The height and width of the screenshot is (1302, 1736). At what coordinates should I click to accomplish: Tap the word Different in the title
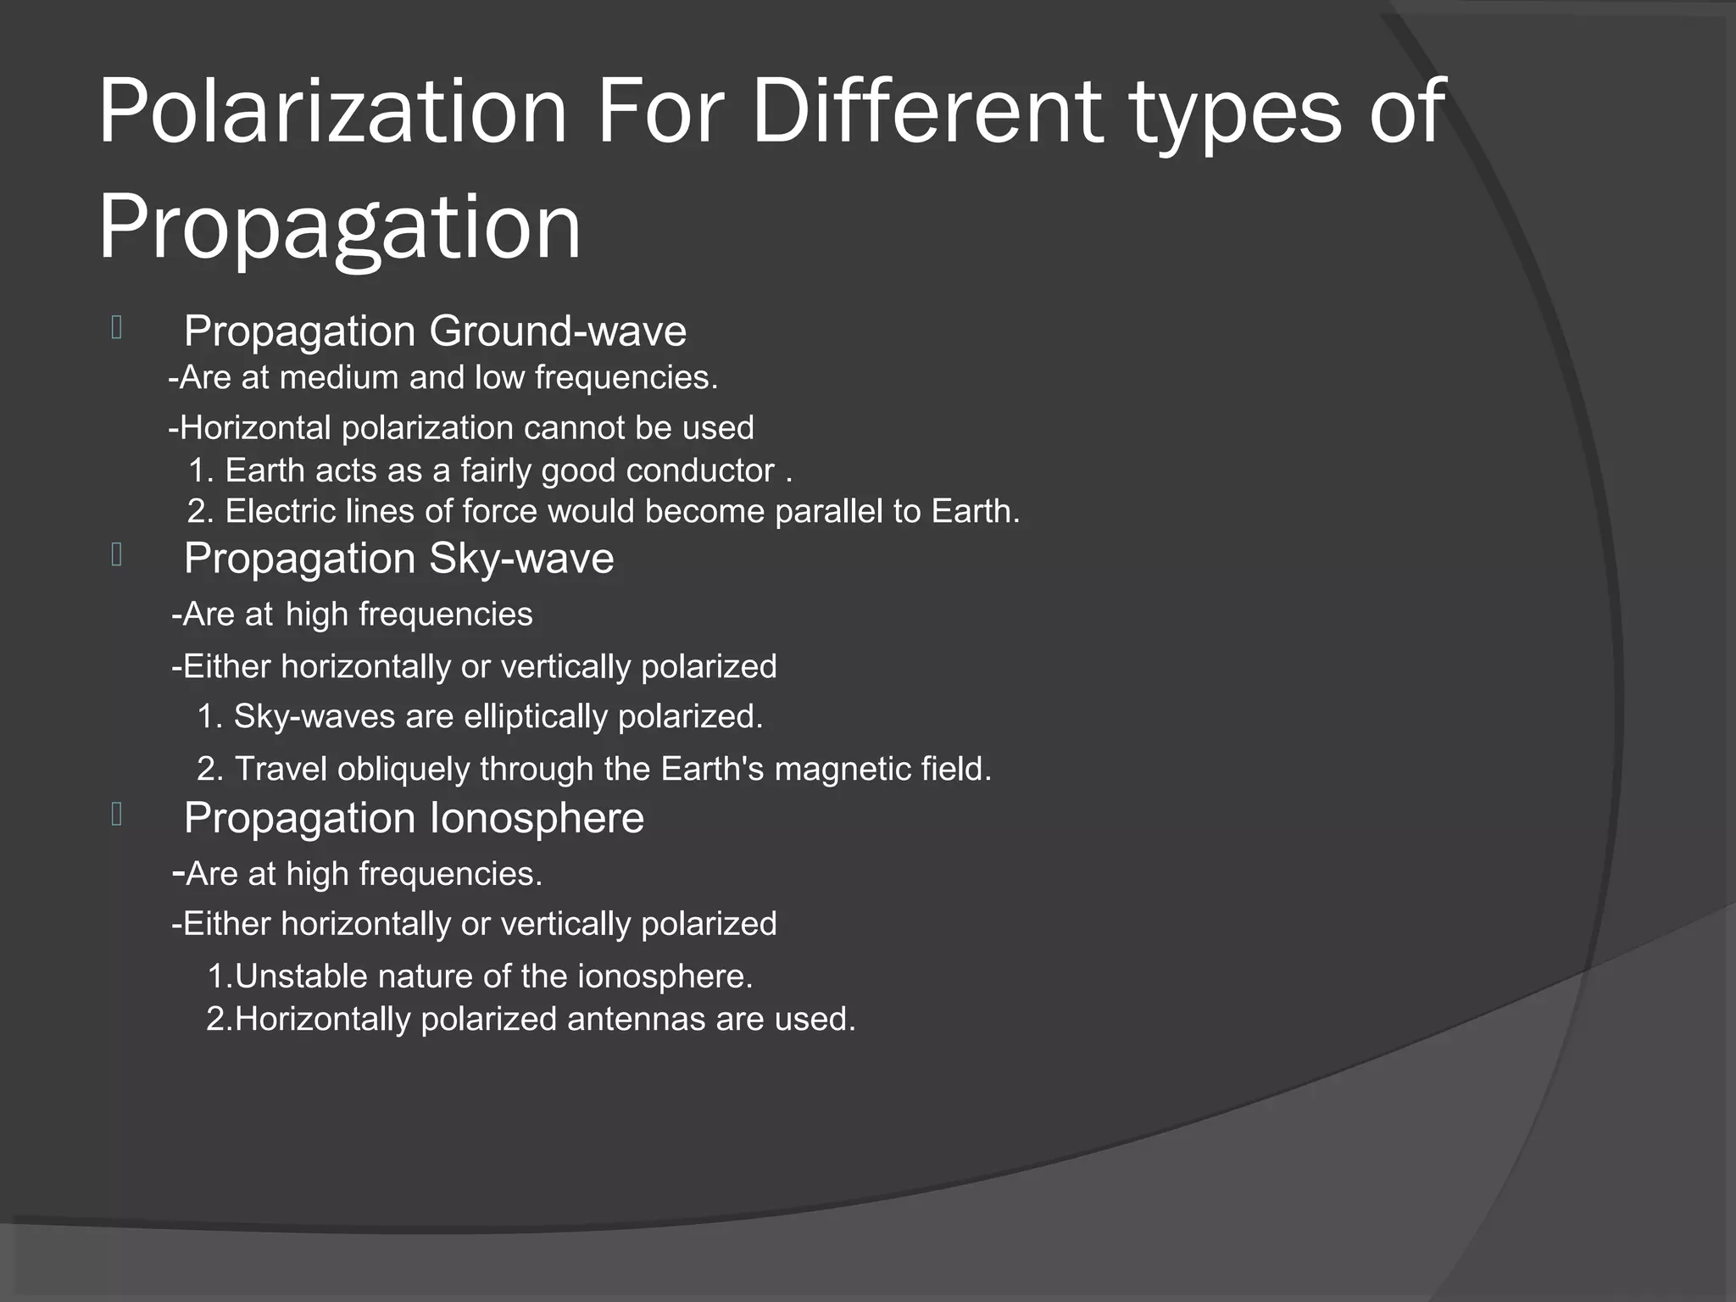pos(927,112)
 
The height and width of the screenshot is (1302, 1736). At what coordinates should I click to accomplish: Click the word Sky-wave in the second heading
pos(521,559)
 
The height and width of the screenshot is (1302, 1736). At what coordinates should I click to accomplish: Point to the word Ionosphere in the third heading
pos(537,819)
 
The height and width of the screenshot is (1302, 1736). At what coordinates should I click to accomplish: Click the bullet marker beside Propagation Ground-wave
pos(117,328)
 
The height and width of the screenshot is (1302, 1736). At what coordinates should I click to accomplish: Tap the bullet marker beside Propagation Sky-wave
pos(117,555)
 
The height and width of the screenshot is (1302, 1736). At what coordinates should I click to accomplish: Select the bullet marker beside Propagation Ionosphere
pos(117,815)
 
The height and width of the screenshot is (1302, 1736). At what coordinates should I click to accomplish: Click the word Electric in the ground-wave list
pos(281,512)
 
